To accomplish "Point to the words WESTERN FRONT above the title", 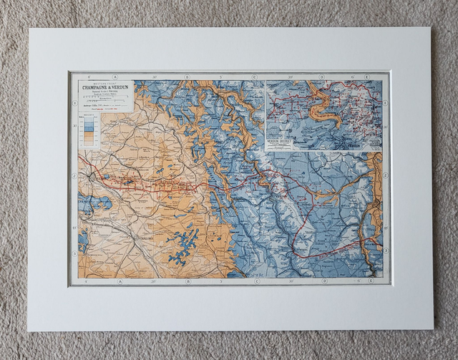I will pyautogui.click(x=104, y=82).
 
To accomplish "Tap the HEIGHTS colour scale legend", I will pyautogui.click(x=89, y=128).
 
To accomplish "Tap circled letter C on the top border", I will pyautogui.click(x=254, y=77).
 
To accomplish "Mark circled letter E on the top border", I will pyautogui.click(x=366, y=77).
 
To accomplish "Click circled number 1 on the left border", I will pyautogui.click(x=74, y=103).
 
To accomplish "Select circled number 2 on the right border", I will pyautogui.click(x=386, y=175).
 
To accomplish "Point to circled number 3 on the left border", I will pyautogui.click(x=74, y=253).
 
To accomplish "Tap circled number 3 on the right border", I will pyautogui.click(x=386, y=250).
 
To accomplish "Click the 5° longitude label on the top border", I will pyautogui.click(x=220, y=77).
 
